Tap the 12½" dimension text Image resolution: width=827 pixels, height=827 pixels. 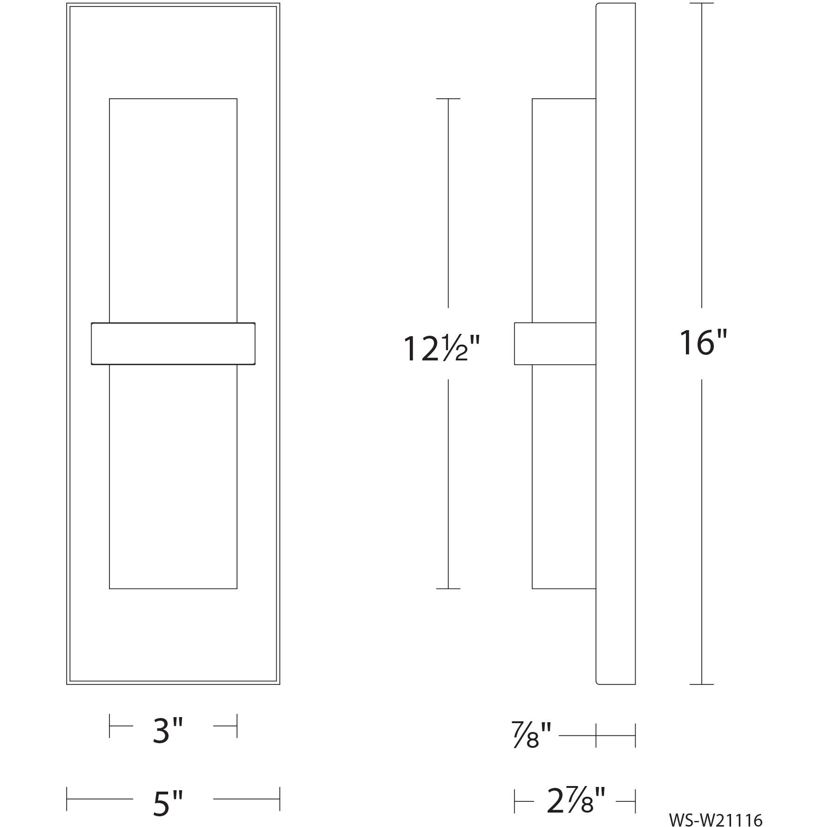(441, 349)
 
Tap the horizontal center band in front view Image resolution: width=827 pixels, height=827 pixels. (173, 344)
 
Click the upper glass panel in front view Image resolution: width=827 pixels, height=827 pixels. (173, 210)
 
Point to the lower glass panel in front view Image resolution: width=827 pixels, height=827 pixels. (173, 477)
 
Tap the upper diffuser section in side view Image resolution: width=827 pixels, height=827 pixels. (564, 210)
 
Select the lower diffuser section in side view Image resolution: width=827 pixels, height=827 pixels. (564, 477)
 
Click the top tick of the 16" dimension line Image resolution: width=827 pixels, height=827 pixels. (701, 4)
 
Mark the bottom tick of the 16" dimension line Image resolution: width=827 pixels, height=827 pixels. (701, 685)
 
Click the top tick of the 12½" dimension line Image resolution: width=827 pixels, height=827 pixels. (448, 99)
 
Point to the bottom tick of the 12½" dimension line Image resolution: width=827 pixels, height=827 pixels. (448, 589)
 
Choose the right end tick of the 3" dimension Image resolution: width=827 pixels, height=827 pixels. (237, 726)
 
